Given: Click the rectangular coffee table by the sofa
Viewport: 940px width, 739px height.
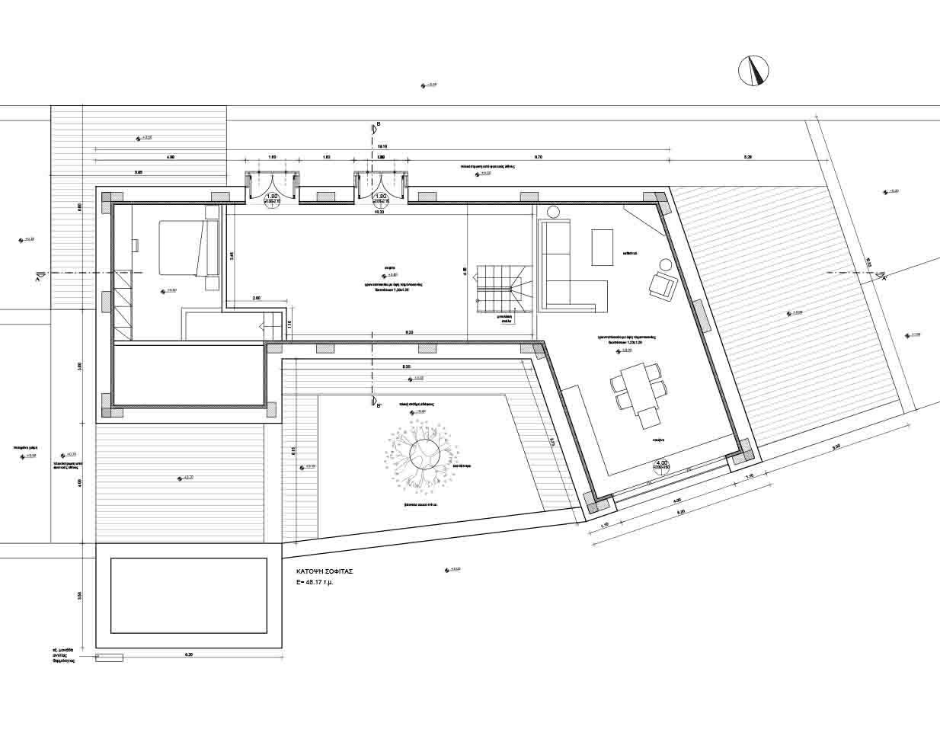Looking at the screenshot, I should (603, 248).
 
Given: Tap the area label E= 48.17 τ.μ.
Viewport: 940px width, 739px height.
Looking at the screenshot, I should (319, 582).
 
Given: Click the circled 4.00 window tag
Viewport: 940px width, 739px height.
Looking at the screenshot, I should (661, 465).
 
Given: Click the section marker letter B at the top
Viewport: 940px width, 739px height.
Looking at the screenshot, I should (378, 123).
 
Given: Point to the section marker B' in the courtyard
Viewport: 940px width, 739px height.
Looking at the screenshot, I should (377, 405).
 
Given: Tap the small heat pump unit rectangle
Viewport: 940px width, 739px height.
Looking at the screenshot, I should (110, 657).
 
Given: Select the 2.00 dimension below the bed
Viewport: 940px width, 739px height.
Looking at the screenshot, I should (256, 299).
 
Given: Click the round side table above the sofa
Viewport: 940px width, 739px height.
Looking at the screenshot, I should (554, 212).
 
